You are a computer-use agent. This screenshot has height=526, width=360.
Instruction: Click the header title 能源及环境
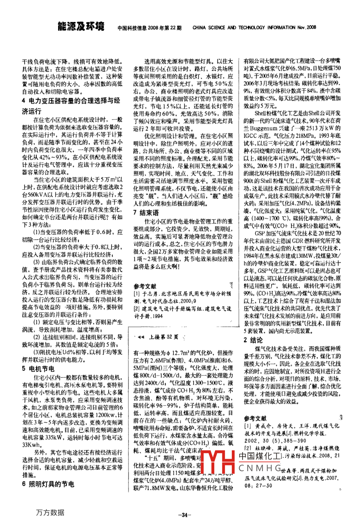81,27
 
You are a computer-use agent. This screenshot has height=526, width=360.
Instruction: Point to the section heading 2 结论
253,340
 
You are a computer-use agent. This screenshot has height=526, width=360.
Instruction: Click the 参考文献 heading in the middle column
145,286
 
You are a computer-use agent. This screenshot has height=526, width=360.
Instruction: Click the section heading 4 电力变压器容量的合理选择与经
69,101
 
